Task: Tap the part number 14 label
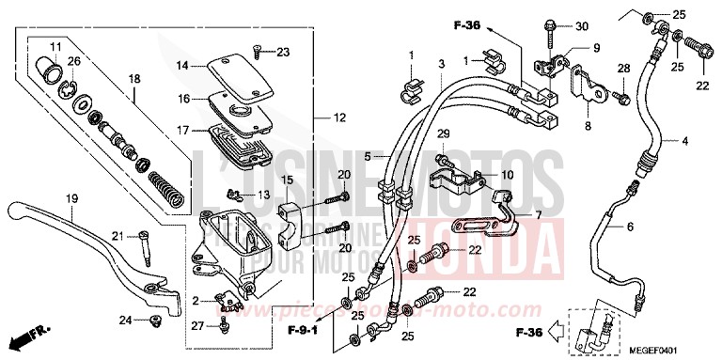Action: coord(182,66)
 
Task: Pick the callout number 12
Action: coord(339,117)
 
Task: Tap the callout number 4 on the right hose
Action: coord(684,141)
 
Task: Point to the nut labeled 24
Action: coord(153,322)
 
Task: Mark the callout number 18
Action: coord(134,79)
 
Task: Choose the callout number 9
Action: coord(595,48)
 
